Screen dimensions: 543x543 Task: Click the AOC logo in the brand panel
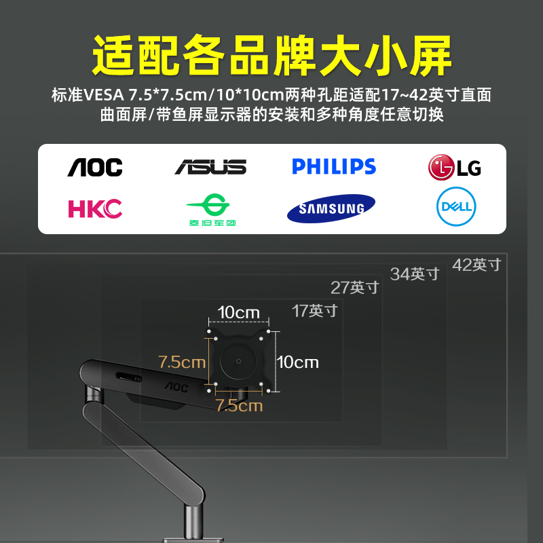(95, 167)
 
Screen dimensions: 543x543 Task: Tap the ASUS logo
(210, 167)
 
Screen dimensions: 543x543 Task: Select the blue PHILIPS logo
(334, 166)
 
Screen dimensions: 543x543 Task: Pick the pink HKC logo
(95, 208)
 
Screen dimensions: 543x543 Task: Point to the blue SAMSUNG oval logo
(331, 208)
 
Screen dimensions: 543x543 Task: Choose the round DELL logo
(455, 207)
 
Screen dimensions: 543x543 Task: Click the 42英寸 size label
(476, 265)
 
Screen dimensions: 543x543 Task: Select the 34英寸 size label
(415, 274)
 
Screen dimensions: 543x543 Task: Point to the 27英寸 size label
(355, 287)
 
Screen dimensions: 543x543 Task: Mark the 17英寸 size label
(315, 311)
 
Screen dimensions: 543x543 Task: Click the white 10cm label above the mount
(238, 312)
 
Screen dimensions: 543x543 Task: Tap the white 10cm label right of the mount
(298, 362)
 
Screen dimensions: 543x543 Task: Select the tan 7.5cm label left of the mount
(181, 362)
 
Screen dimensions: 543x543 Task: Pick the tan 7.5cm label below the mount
(239, 406)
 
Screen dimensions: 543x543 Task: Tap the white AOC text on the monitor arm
(174, 388)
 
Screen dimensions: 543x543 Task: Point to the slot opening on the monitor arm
(128, 377)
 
